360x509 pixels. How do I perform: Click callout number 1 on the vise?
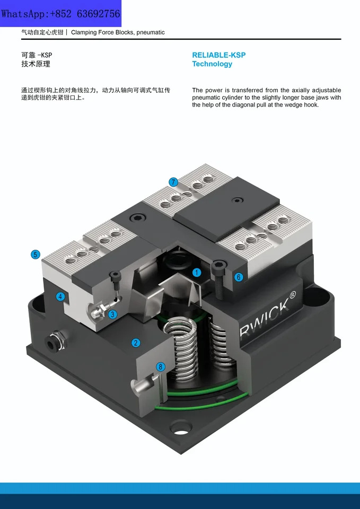196,273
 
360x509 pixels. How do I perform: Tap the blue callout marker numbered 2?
136,343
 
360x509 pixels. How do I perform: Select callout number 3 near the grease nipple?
112,314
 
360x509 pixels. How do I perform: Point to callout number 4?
60,296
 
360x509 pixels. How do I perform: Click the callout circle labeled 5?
36,254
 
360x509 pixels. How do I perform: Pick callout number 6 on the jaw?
239,277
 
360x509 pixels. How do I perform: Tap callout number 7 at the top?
173,182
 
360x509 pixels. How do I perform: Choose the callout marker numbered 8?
160,367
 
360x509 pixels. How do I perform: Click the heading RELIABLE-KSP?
219,55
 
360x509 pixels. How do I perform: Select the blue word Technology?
212,64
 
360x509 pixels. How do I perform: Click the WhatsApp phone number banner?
60,14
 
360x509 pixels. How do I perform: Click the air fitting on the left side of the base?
55,341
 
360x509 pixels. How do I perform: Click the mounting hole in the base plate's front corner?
180,427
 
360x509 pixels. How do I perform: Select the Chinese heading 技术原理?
36,64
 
